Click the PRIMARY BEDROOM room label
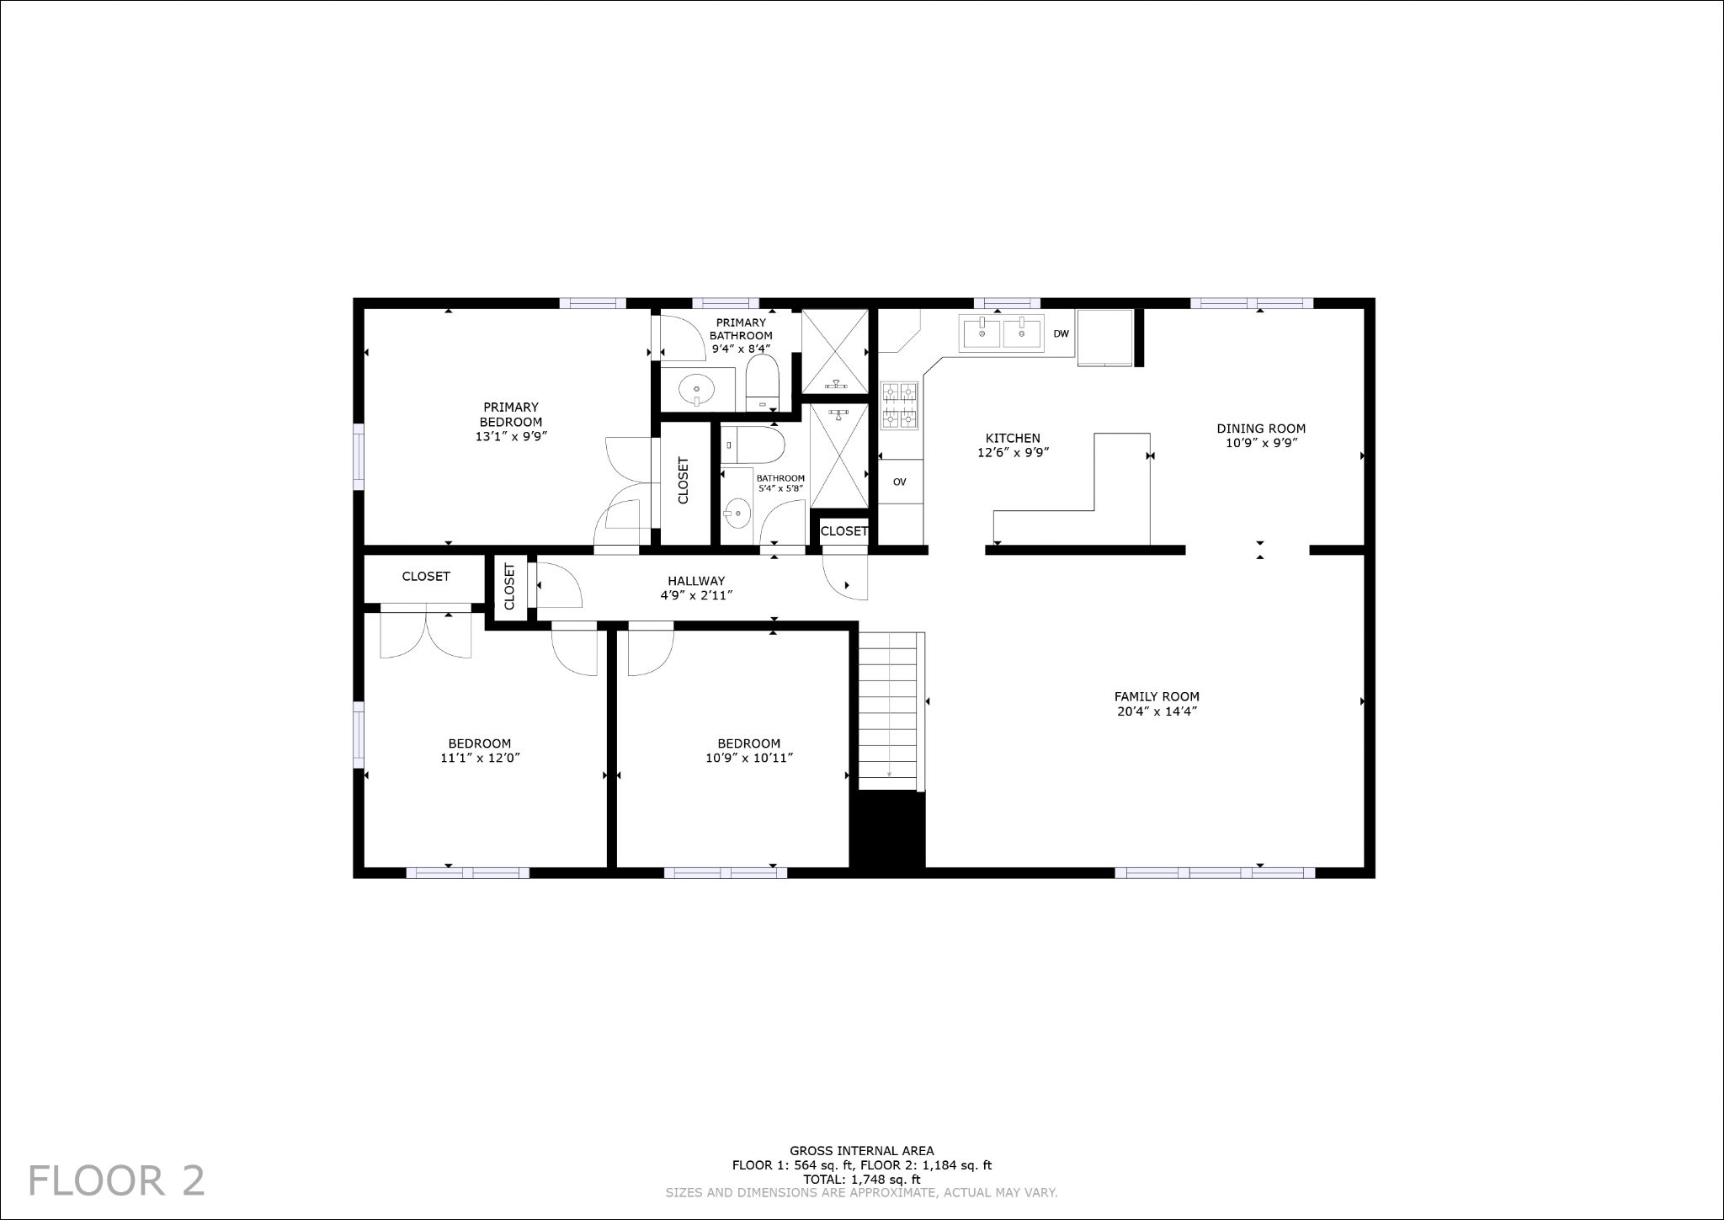tap(511, 414)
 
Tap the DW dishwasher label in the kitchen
tap(1061, 334)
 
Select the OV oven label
tap(899, 482)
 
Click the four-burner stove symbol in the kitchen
tap(899, 406)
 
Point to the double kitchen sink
tap(1002, 333)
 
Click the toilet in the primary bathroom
tap(764, 384)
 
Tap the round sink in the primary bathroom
tap(697, 391)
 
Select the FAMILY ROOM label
tap(1157, 696)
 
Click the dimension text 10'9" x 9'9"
tap(1261, 443)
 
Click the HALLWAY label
tap(696, 581)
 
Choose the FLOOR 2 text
tap(116, 1180)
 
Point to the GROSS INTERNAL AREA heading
tap(861, 1151)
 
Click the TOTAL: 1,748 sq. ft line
tap(861, 1180)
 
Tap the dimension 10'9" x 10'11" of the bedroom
tap(748, 758)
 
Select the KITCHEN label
tap(1013, 438)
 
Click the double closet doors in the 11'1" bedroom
tap(426, 633)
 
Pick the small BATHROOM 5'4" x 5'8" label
tap(780, 478)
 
